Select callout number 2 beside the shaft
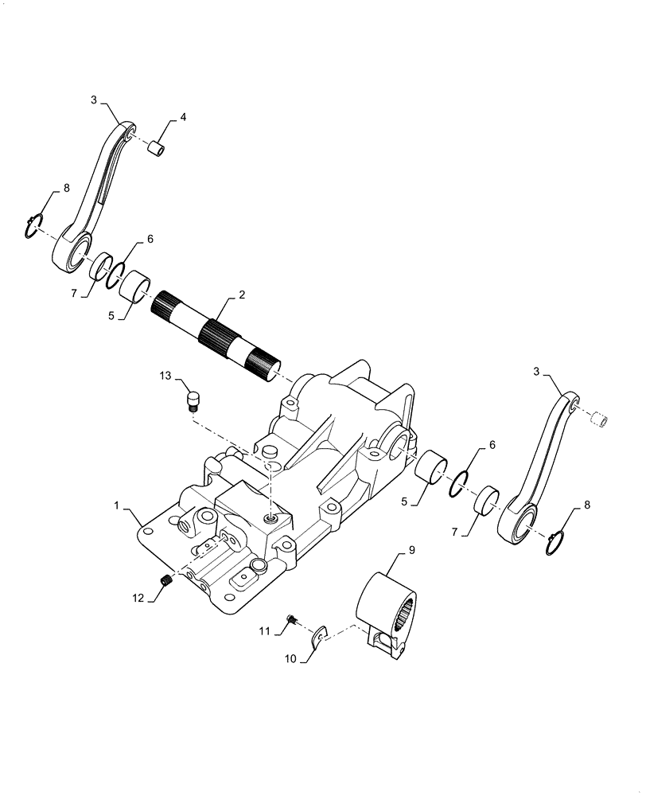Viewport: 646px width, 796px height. (x=242, y=295)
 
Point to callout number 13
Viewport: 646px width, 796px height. (x=165, y=375)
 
